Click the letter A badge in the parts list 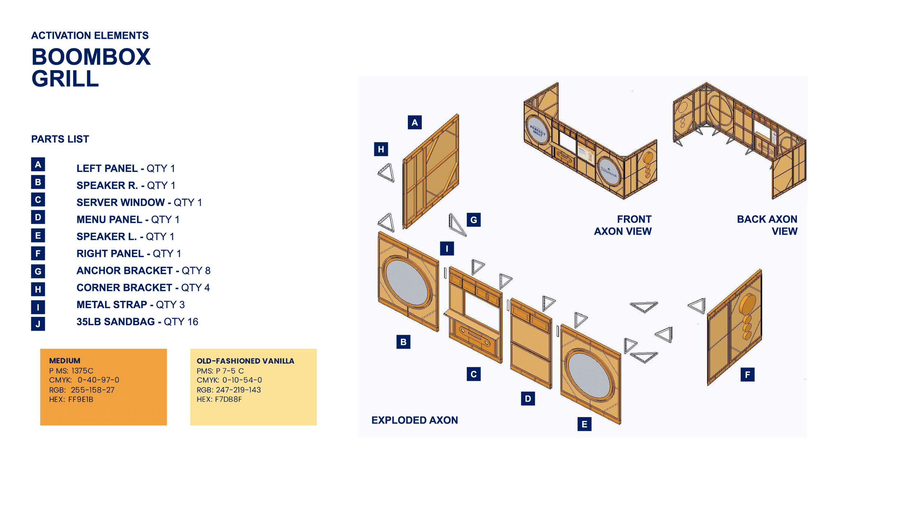tap(38, 165)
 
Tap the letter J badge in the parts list tap(38, 324)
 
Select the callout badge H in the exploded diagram tap(381, 149)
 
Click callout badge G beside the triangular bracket tap(473, 220)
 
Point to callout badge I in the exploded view tap(447, 249)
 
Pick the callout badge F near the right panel tap(747, 375)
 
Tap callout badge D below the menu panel tap(527, 399)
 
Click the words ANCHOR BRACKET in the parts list tap(124, 271)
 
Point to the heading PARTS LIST tap(60, 139)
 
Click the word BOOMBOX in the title tap(91, 57)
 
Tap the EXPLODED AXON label tap(414, 420)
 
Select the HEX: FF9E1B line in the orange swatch tap(71, 399)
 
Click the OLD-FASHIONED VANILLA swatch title tap(245, 361)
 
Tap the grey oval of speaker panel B tap(407, 282)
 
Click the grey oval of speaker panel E tap(589, 375)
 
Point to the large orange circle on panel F tap(749, 304)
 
